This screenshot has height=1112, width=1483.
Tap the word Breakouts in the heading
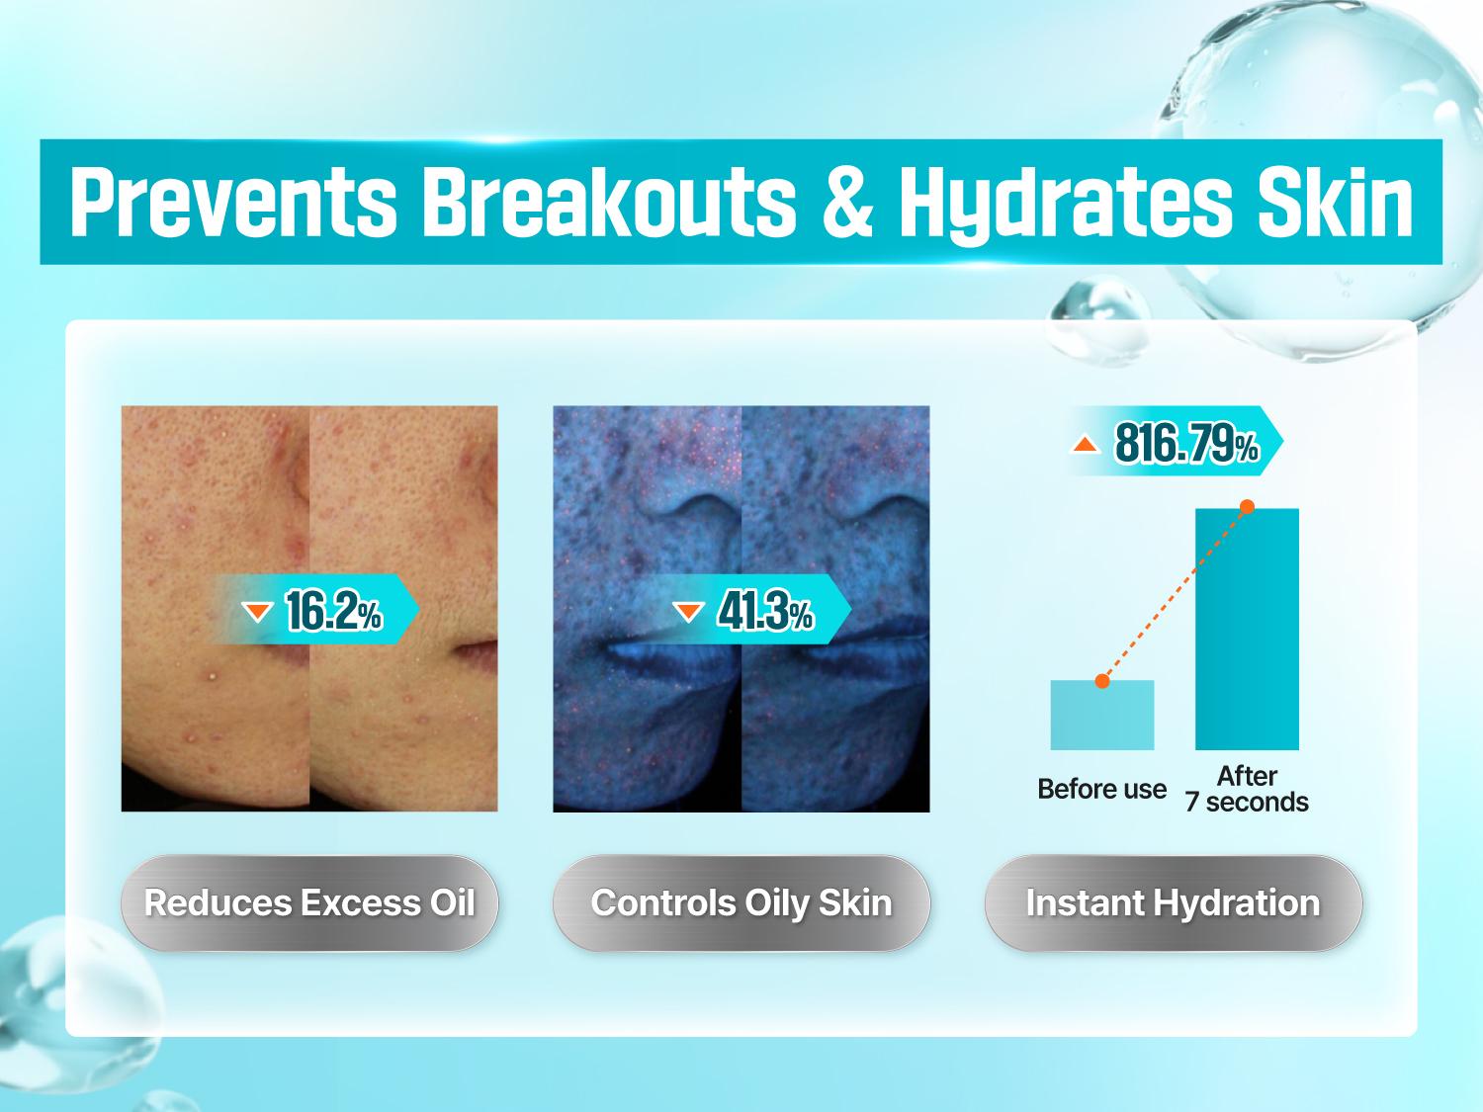(609, 202)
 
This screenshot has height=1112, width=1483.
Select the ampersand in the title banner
(847, 202)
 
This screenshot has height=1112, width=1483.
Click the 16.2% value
(334, 611)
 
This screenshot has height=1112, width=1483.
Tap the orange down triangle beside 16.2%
(257, 612)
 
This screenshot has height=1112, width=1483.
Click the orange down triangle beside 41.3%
(688, 612)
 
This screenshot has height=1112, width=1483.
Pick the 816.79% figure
(1186, 444)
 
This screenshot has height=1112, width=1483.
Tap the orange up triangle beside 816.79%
(1086, 444)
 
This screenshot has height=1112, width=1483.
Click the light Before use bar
(1102, 715)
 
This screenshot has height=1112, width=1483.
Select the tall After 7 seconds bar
(1248, 630)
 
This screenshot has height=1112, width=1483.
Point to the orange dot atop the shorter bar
(1102, 681)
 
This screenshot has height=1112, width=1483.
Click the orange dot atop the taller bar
(1248, 507)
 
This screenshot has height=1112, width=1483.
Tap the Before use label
(1102, 789)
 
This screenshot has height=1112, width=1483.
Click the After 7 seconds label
(1248, 789)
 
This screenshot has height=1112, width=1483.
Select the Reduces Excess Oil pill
(309, 903)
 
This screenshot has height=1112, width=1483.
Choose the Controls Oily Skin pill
(741, 903)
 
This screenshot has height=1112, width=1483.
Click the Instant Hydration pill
(1173, 903)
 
